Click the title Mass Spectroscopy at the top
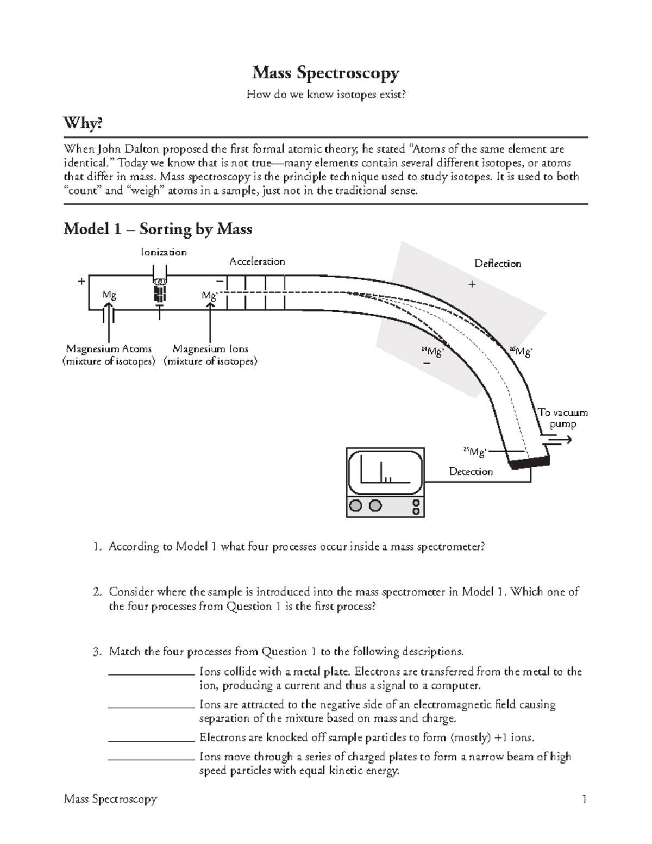tap(325, 73)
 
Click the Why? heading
tap(83, 124)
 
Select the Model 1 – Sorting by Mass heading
tap(158, 229)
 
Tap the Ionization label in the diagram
tap(164, 252)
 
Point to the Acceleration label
tap(257, 261)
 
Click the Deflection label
tap(497, 264)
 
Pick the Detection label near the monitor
tap(471, 472)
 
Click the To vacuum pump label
tap(563, 418)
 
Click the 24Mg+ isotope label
tap(433, 352)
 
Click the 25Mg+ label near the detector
tap(474, 452)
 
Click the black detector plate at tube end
tap(529, 461)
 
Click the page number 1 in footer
tap(584, 799)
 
